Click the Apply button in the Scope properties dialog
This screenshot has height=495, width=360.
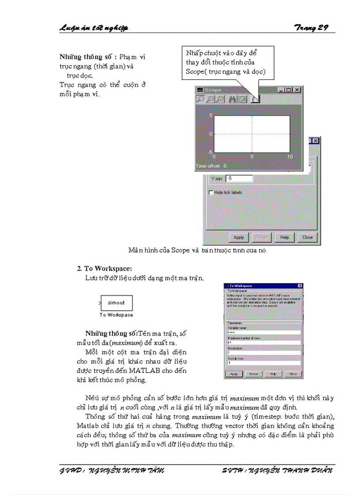pos(239,237)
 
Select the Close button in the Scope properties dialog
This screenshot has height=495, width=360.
pos(307,237)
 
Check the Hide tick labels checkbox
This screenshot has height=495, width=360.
pos(210,193)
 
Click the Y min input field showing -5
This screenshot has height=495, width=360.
pos(239,179)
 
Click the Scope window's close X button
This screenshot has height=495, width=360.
pos(297,90)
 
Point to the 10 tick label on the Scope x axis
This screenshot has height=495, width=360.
pos(290,157)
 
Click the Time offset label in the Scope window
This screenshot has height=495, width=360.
pos(211,166)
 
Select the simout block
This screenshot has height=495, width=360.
pos(116,303)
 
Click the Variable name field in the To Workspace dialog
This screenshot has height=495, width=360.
pos(263,333)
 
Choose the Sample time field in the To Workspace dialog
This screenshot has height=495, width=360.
pos(263,363)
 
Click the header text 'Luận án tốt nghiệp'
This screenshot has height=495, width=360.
pos(94,28)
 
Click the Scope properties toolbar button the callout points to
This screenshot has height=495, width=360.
pos(255,99)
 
